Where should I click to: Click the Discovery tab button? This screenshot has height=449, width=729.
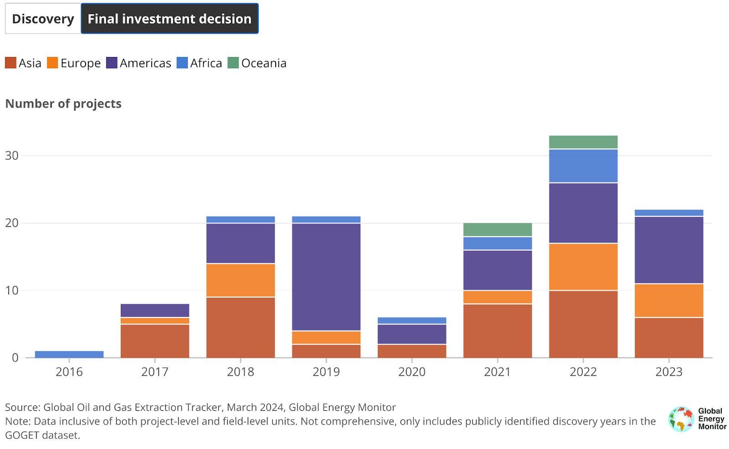coord(43,19)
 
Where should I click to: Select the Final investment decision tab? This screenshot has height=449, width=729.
coord(169,19)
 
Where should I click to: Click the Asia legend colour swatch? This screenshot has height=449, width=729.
coord(10,63)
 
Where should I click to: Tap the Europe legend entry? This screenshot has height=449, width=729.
coord(74,63)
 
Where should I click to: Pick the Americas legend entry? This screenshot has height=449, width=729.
coord(139,63)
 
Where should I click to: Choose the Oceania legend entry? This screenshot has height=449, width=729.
coord(257,63)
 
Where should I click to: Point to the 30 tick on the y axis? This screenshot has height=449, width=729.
coord(12,155)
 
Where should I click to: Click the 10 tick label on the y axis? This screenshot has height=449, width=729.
coord(12,290)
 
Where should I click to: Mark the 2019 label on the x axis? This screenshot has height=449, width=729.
coord(326,372)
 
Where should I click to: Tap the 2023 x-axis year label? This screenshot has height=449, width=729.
coord(669,372)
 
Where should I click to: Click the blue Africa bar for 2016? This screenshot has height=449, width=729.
coord(69,354)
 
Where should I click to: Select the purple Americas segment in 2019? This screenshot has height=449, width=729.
coord(326,277)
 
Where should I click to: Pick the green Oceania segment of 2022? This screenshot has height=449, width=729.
coord(583,142)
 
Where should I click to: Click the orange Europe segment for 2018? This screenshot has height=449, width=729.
coord(241,280)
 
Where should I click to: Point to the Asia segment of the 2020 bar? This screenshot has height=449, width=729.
coord(412,351)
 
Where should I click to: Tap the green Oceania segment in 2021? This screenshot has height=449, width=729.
coord(498,230)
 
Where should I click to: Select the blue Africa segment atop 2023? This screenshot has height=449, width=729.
coord(669,213)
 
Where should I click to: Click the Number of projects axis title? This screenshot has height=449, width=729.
coord(63,104)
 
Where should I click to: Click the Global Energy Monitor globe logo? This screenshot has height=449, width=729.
coord(681,419)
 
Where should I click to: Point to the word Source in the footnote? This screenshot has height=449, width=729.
coord(22,407)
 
